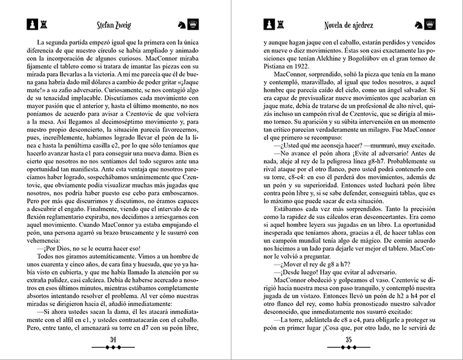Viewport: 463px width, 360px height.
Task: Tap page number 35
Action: click(349, 339)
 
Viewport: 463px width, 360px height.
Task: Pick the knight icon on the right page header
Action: click(418, 25)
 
